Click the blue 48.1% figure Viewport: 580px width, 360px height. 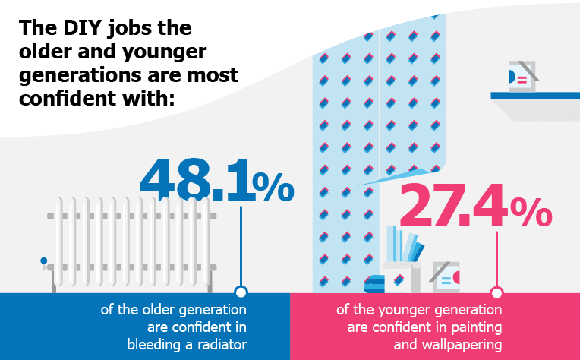click(x=216, y=180)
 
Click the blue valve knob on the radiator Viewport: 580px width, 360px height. click(x=44, y=261)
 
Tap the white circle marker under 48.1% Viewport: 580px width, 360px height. click(x=241, y=292)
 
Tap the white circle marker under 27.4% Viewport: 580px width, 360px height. click(x=497, y=292)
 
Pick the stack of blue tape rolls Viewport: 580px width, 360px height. click(x=376, y=282)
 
